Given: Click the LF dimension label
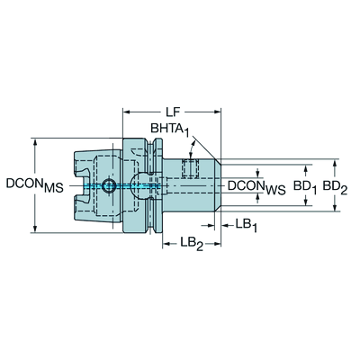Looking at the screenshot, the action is tap(173, 112).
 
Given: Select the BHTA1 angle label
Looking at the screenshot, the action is tap(170, 130).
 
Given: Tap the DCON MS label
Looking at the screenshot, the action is tap(35, 185).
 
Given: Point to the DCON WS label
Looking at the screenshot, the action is tap(256, 187).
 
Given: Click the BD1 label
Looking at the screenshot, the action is tap(305, 187).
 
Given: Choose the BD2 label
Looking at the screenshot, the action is tap(335, 187).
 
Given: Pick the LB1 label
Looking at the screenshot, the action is tap(246, 224).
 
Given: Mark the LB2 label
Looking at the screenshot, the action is tap(192, 243).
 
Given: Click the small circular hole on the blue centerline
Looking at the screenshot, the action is tap(109, 186).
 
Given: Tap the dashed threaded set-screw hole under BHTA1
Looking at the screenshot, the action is tap(191, 168).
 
